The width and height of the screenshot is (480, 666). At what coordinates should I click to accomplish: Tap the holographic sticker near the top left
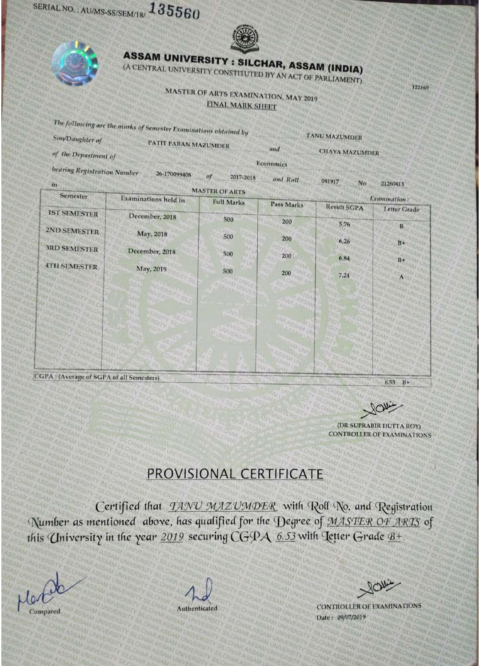pos(74,63)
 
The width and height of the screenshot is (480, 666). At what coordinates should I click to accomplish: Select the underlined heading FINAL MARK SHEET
pos(241,106)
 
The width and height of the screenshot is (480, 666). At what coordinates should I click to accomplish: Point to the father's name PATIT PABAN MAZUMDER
pos(188,145)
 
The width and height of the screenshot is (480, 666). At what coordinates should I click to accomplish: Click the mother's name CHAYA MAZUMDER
pos(349,152)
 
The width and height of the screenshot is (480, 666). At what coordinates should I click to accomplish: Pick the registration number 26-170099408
pos(173,175)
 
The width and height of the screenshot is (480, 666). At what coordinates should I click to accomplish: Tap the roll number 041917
pos(330,181)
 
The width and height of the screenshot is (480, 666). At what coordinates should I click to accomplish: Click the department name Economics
pos(272,164)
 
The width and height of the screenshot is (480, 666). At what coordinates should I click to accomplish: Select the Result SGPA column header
pos(344,207)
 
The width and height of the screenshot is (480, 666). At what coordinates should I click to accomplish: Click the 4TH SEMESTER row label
pos(72,266)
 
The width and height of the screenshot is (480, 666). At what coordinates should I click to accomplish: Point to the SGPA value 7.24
pos(344,275)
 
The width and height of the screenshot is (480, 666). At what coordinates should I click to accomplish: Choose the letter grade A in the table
pos(401,277)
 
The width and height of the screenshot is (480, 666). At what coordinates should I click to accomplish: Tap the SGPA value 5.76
pos(344,224)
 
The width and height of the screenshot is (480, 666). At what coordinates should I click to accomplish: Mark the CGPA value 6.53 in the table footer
pos(390,382)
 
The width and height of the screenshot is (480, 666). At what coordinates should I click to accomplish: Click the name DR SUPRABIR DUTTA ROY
pos(379,425)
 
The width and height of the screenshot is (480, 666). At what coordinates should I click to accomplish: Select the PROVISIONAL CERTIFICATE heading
pos(235,474)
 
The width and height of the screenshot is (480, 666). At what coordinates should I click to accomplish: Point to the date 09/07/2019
pos(352,617)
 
